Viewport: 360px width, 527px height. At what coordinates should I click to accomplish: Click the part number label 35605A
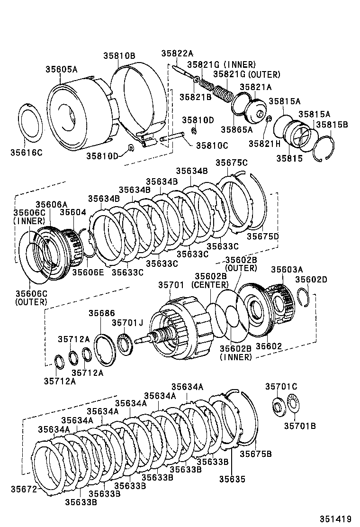click(x=61, y=69)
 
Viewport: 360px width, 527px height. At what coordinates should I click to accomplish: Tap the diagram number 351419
click(x=338, y=518)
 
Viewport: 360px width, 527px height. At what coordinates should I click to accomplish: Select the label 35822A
click(x=177, y=54)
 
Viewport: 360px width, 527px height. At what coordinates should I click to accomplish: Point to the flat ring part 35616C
click(x=33, y=123)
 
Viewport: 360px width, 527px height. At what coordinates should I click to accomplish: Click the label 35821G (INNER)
click(x=221, y=64)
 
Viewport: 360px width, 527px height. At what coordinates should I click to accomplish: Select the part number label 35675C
click(x=232, y=163)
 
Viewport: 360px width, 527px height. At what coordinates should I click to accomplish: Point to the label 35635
click(x=232, y=479)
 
